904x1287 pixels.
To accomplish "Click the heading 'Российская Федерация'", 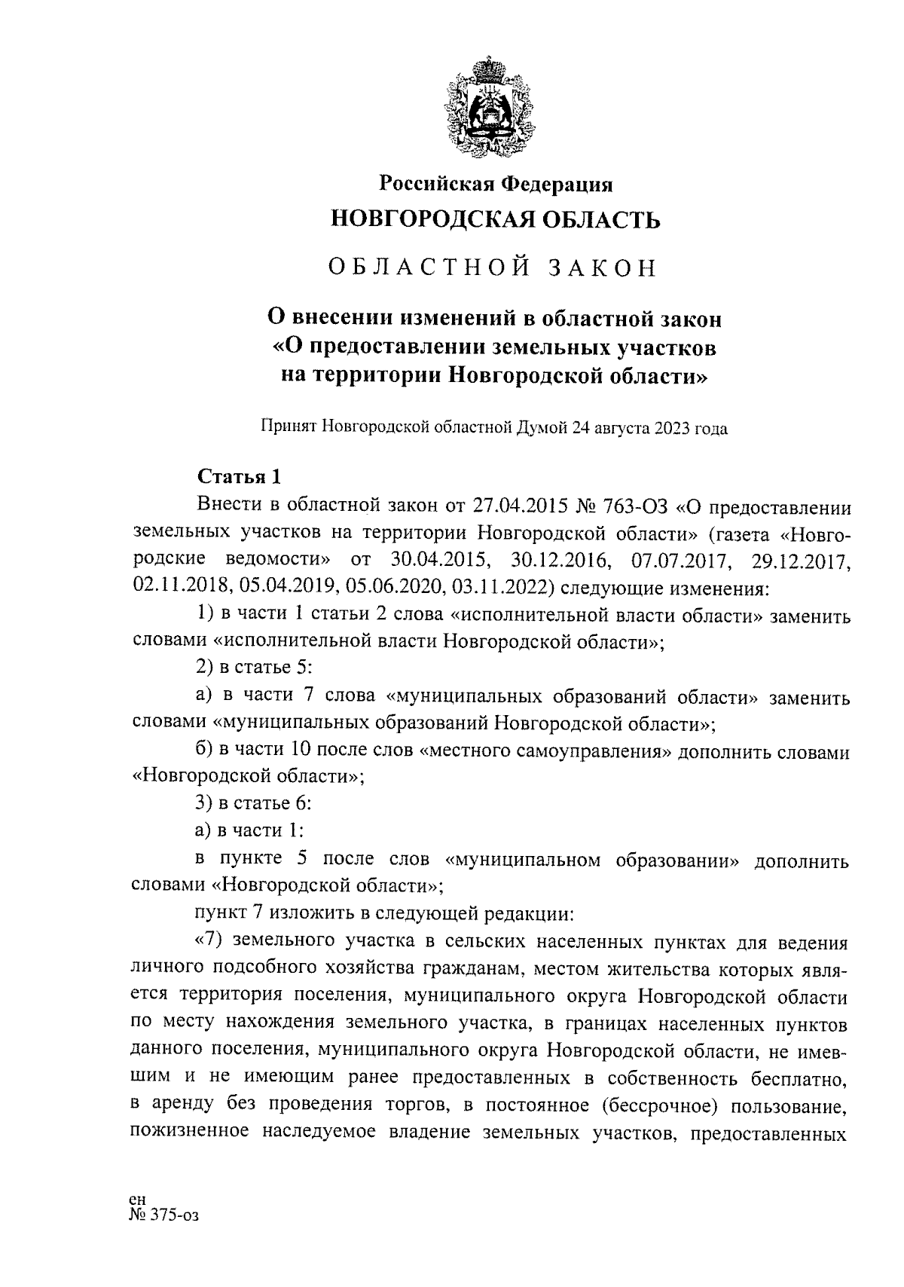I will click(495, 184).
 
